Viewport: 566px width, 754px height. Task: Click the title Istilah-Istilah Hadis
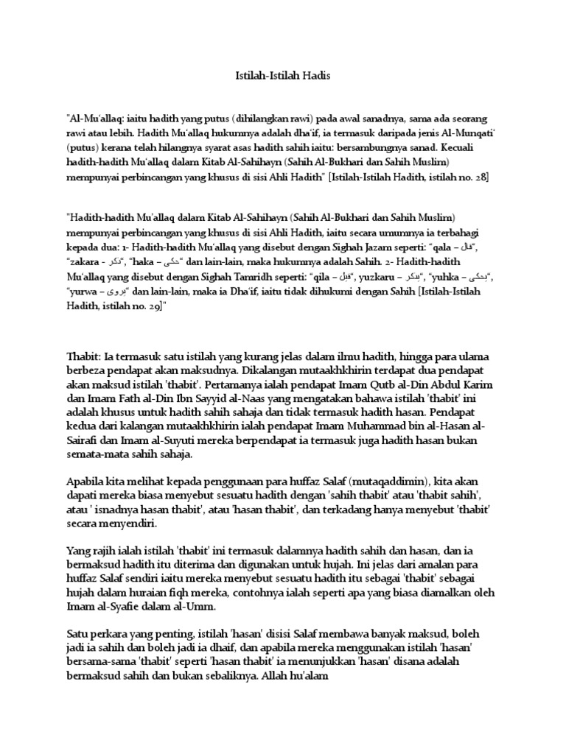[x=283, y=74]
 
